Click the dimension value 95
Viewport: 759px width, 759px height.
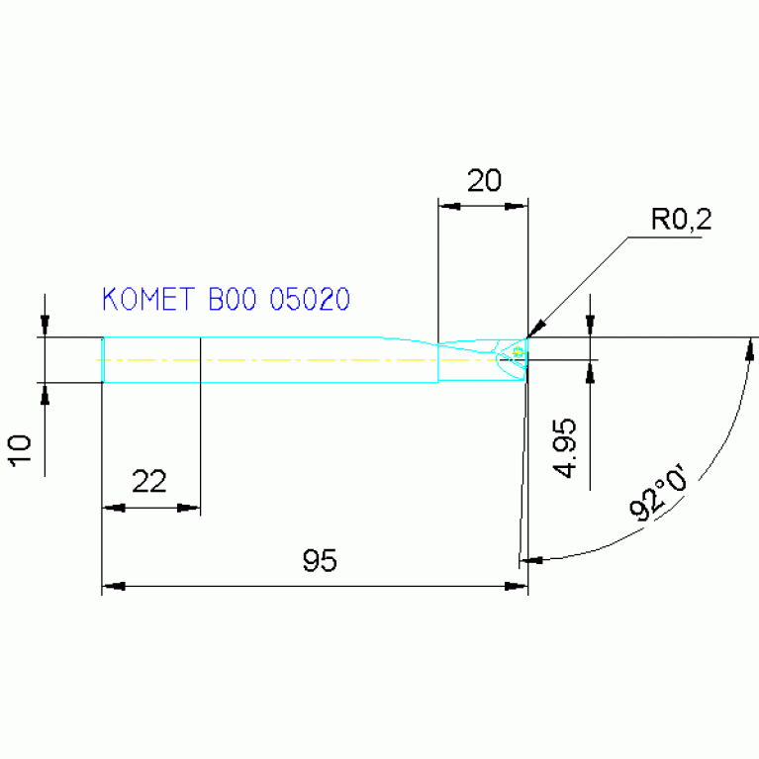click(320, 562)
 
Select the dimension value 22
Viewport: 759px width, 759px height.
click(148, 482)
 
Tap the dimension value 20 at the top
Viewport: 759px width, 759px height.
click(484, 180)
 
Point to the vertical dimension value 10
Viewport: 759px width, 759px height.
click(21, 449)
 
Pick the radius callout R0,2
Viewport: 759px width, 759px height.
click(681, 219)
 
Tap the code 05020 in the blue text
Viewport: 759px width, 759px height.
click(310, 300)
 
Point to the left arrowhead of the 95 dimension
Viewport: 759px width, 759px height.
click(113, 587)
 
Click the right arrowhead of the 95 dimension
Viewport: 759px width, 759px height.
click(517, 587)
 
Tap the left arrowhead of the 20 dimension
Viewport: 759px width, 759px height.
click(448, 207)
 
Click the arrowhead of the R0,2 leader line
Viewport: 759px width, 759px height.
click(535, 330)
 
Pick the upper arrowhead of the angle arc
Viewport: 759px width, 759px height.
click(751, 347)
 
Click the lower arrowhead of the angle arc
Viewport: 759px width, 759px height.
click(531, 559)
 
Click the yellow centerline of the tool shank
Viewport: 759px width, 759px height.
click(297, 359)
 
